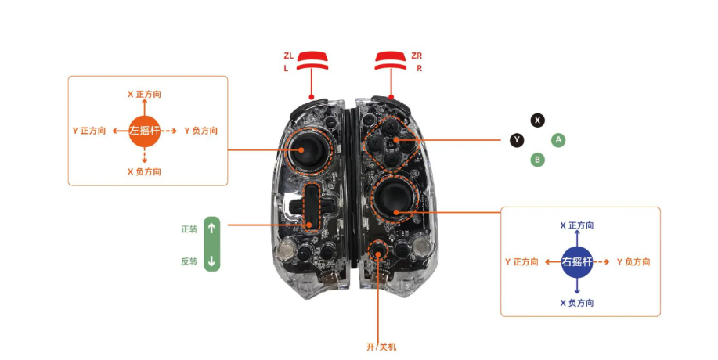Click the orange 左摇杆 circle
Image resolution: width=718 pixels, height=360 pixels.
point(145,131)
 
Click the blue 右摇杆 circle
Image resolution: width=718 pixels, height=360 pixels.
point(577,261)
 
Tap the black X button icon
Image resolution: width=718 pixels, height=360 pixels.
point(537,120)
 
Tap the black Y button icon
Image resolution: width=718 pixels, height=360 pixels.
point(517,140)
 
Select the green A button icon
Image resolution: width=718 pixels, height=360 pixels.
point(557,140)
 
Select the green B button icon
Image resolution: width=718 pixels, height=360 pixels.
point(537,160)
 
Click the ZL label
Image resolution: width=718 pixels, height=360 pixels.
point(288,56)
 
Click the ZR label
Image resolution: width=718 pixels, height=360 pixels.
point(417,56)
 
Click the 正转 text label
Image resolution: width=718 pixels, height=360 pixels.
point(189,229)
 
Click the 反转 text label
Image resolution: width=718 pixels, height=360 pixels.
point(189,261)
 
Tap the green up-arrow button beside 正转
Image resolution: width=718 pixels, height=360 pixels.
point(211,229)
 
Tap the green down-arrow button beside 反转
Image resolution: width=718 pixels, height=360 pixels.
point(211,261)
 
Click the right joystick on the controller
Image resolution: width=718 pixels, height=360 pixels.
point(393,199)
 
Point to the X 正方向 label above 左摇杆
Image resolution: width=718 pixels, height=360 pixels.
point(145,94)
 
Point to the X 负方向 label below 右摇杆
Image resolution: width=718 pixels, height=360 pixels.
point(577,302)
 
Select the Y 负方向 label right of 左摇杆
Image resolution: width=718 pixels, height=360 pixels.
point(200,131)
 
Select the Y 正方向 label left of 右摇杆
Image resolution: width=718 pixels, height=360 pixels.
point(522,261)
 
